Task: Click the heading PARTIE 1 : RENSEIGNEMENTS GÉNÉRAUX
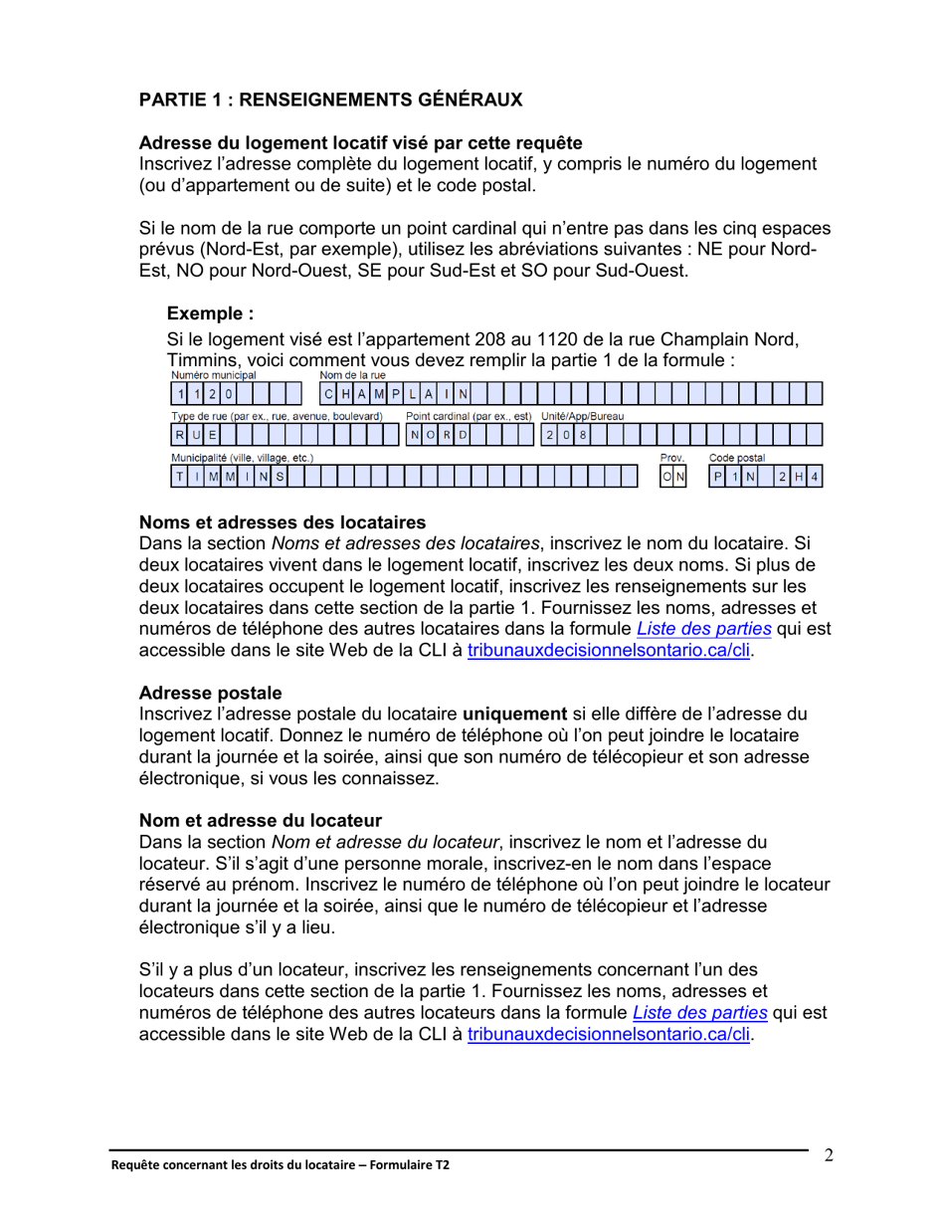pyautogui.click(x=330, y=100)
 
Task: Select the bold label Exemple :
pyautogui.click(x=210, y=314)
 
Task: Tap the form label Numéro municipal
pyautogui.click(x=213, y=376)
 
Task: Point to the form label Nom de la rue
pyautogui.click(x=352, y=376)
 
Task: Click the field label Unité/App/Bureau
pyautogui.click(x=582, y=416)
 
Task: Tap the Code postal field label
pyautogui.click(x=736, y=458)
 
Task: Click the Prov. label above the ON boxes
pyautogui.click(x=673, y=458)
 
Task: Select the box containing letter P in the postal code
pyautogui.click(x=716, y=477)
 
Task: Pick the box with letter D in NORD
pyautogui.click(x=463, y=435)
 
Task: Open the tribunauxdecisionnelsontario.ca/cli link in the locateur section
pyautogui.click(x=607, y=1035)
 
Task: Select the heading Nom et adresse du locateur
pyautogui.click(x=261, y=821)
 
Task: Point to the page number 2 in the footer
pyautogui.click(x=828, y=1156)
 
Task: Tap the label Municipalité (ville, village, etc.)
pyautogui.click(x=243, y=458)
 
